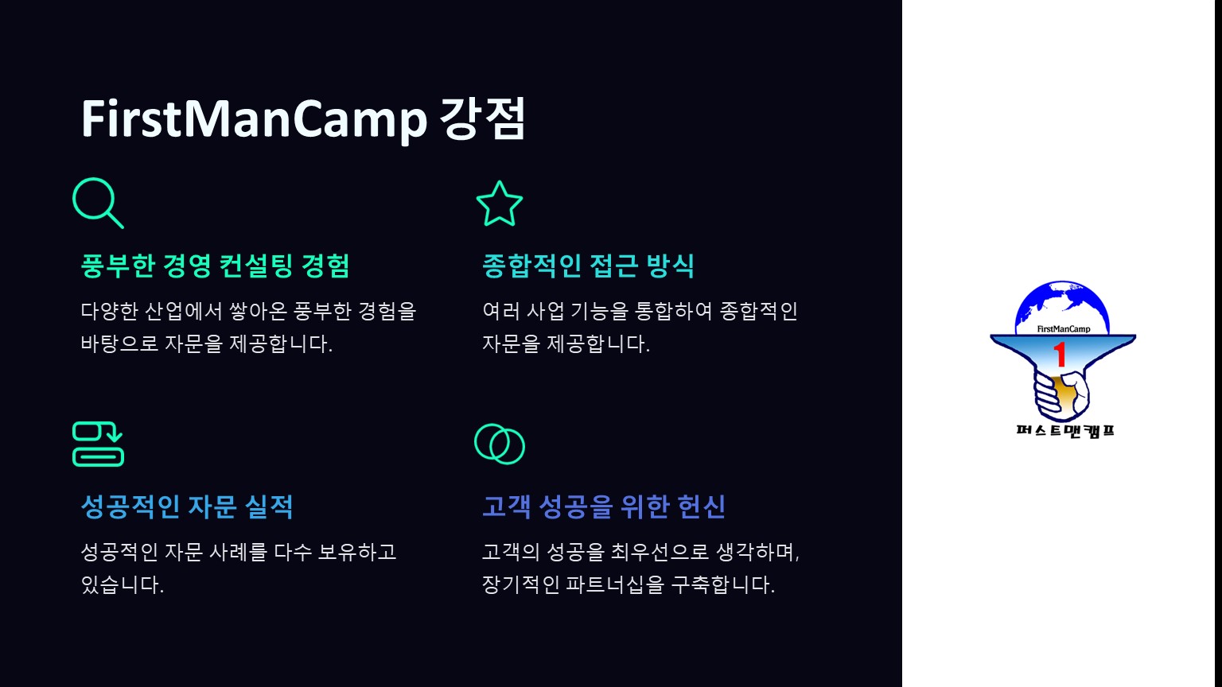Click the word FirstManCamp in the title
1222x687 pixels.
click(254, 118)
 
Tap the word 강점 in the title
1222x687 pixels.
click(482, 118)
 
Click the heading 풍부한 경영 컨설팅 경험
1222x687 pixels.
click(215, 266)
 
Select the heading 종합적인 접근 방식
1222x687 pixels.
click(588, 266)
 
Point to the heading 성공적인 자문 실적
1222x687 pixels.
click(187, 507)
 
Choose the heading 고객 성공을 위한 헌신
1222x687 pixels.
click(604, 507)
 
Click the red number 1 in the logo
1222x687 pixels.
click(1060, 355)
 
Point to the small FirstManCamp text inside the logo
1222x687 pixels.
click(1063, 328)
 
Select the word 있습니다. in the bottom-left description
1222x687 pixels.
click(123, 584)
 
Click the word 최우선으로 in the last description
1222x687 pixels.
click(659, 552)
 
